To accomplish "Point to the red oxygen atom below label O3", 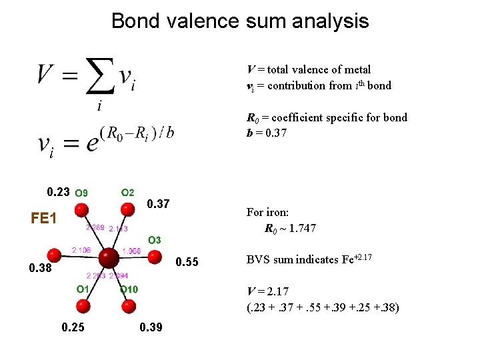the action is click(154, 255).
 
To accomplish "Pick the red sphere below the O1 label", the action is click(83, 306).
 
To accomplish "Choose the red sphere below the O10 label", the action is click(129, 306).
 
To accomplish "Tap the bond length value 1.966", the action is click(132, 251).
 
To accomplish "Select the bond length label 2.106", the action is click(82, 250).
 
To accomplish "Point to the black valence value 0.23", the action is click(59, 192).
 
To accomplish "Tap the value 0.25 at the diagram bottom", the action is click(73, 327).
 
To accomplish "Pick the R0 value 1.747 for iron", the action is click(299, 229).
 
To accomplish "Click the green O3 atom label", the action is click(154, 239).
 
